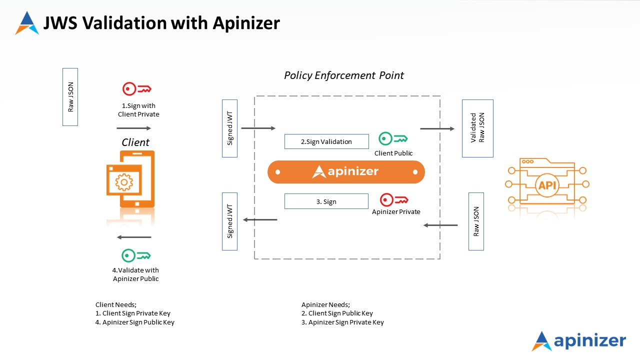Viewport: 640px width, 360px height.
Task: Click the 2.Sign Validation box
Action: (x=326, y=141)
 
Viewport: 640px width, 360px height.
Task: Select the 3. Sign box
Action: (x=326, y=201)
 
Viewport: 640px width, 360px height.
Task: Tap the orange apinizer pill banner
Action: (x=346, y=172)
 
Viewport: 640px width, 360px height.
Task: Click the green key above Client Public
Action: (x=393, y=138)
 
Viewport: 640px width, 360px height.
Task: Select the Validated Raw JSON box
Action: (x=477, y=128)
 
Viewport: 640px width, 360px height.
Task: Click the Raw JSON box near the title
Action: (x=70, y=96)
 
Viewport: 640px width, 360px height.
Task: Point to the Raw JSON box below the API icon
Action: (x=476, y=221)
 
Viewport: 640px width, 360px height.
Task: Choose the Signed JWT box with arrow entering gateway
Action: (x=230, y=128)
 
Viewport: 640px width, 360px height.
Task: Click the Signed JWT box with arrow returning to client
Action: (x=230, y=221)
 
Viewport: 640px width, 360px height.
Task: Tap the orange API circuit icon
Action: (x=547, y=184)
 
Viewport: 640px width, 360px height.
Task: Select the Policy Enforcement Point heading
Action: (x=344, y=75)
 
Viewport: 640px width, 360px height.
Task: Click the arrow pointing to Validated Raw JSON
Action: (x=437, y=129)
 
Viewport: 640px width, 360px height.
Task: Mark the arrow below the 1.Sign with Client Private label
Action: (x=133, y=128)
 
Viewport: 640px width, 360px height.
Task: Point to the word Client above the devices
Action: (x=135, y=142)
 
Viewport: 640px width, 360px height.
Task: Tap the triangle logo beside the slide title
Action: (x=27, y=23)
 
